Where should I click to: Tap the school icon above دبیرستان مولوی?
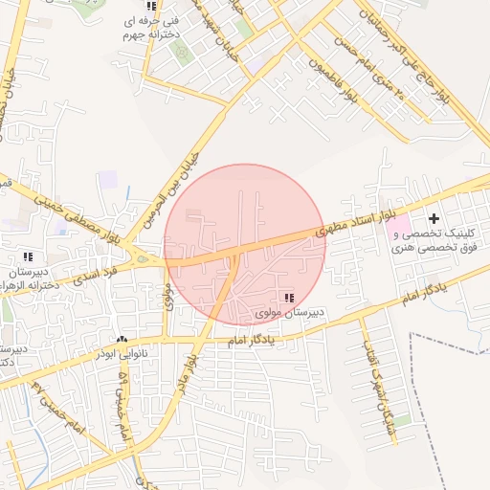coord(289,299)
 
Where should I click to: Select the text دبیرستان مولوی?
coord(293,313)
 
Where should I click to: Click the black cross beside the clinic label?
coord(434,219)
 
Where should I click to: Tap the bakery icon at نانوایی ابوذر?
coord(122,340)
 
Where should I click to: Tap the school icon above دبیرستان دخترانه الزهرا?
coord(27,256)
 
